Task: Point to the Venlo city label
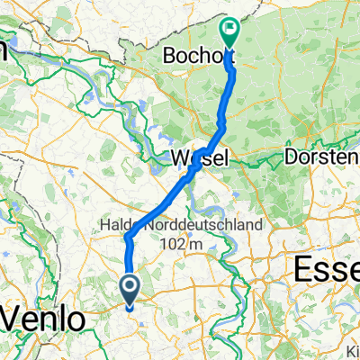click(47, 319)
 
